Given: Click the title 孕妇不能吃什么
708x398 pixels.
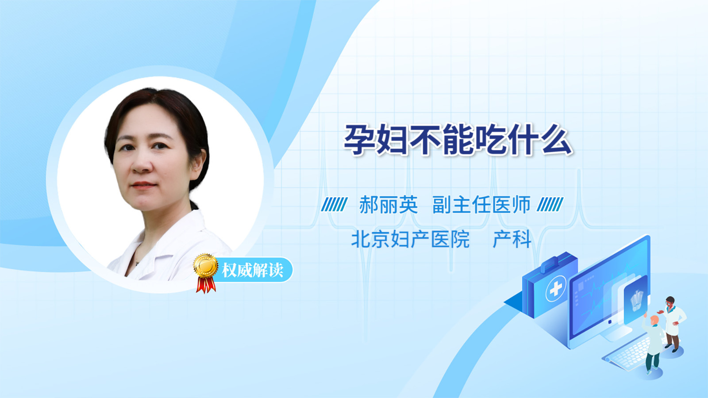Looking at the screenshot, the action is [x=458, y=140].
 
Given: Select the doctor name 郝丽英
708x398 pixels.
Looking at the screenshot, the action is [x=389, y=205].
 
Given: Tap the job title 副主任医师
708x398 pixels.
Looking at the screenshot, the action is [x=481, y=205].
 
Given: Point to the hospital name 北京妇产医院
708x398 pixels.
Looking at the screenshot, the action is [x=410, y=239].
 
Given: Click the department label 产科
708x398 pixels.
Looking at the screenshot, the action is [x=512, y=239].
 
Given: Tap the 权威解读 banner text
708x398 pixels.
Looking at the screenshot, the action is [x=253, y=270].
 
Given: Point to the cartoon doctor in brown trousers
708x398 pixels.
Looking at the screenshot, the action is [x=672, y=324].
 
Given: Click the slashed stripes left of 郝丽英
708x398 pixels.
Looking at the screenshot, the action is [x=334, y=204].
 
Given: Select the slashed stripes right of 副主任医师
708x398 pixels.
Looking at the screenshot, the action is [x=550, y=204].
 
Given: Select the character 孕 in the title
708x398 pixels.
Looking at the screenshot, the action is [x=359, y=140].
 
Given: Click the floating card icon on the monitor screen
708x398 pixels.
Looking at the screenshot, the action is [x=635, y=300].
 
